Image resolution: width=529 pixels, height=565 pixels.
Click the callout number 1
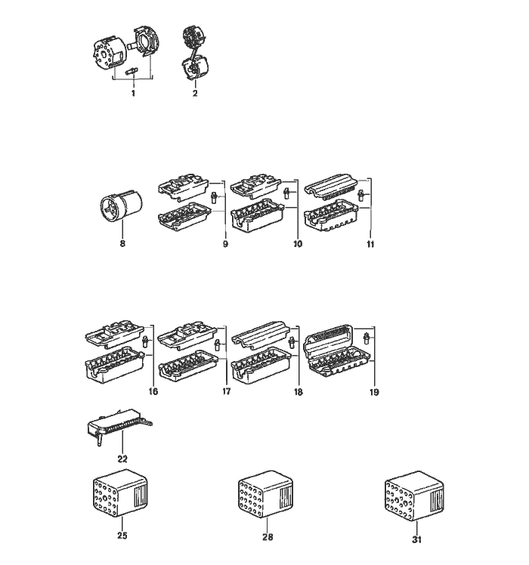[x=134, y=94]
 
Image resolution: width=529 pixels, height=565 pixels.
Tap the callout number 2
[x=195, y=94]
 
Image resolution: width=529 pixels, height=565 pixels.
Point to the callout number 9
[x=225, y=244]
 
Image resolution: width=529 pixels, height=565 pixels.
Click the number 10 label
[x=298, y=244]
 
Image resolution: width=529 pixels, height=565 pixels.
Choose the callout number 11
[x=370, y=244]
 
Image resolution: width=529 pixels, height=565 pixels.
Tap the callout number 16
[x=153, y=391]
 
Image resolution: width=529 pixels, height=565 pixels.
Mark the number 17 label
[x=226, y=391]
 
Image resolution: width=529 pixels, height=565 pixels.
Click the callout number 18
[x=299, y=392]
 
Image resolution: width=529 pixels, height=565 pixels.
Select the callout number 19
[x=374, y=392]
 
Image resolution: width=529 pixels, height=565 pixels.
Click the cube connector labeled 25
[x=120, y=493]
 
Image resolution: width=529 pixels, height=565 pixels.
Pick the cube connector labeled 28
[x=265, y=494]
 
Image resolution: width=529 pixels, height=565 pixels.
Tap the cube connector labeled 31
[x=414, y=496]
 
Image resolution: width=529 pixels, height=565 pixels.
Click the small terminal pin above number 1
[x=131, y=71]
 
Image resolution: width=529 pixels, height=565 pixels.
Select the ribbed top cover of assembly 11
[x=332, y=186]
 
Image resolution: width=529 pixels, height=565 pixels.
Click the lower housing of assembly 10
[x=257, y=215]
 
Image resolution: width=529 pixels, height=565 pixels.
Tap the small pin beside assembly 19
[x=367, y=338]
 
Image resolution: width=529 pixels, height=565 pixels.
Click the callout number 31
[x=416, y=539]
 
